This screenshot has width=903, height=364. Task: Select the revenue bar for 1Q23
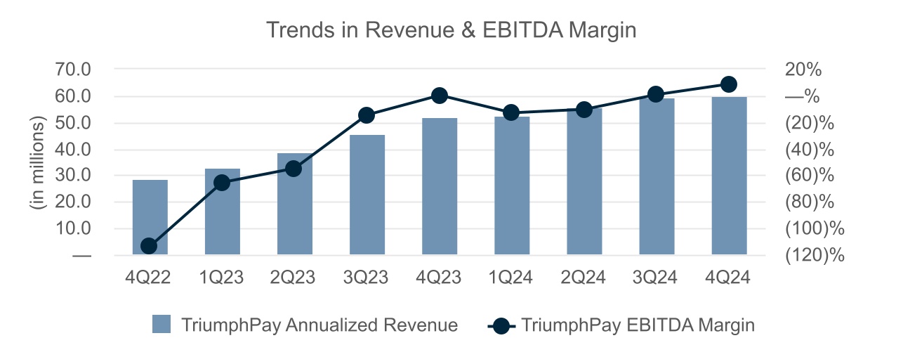click(222, 211)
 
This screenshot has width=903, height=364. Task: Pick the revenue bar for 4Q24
click(729, 176)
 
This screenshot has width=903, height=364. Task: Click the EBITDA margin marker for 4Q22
click(149, 246)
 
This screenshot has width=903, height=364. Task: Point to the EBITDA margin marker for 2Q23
click(294, 169)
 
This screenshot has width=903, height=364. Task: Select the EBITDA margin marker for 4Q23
click(440, 96)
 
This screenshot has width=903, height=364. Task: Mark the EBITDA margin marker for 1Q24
click(512, 112)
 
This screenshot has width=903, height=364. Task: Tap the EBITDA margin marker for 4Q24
click(729, 84)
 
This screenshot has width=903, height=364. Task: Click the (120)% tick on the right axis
click(815, 255)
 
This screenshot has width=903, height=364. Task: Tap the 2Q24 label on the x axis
click(584, 278)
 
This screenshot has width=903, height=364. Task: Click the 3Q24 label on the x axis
click(657, 278)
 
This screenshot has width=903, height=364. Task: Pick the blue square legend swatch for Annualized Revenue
click(162, 325)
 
